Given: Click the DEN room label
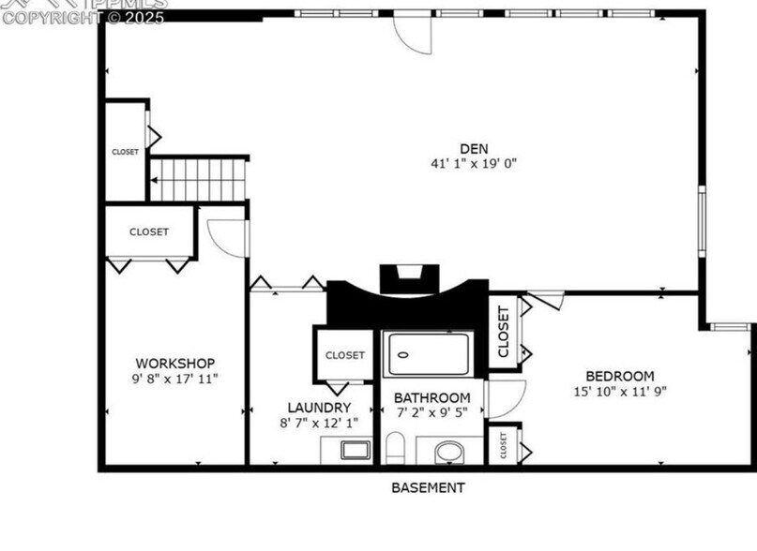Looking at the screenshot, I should coord(474,148).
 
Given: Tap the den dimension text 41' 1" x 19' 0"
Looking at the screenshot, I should coord(474,163).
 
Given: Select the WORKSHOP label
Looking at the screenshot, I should coord(175,363).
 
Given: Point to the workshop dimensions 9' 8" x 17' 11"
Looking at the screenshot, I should coord(175,378).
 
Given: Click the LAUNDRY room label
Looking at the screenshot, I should coord(319,408).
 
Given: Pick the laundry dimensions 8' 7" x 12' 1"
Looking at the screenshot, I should coord(319,423).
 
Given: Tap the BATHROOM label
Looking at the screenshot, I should coord(431,397).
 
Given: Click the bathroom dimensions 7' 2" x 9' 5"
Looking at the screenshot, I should coord(431,412).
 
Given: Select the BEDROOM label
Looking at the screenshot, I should coord(620,377).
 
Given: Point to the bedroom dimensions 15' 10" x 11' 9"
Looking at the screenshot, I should coord(620,392).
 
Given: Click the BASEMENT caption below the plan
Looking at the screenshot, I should coord(428,487).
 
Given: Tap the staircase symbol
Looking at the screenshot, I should coord(198,179).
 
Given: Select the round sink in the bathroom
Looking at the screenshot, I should coord(450,453).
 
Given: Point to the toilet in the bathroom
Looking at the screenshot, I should coord(396,449).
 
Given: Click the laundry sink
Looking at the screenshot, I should coord(356,450).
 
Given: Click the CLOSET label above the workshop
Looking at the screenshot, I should coord(149,231).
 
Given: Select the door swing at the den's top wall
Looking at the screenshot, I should coord(412,33).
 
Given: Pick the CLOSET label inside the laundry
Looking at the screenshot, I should coord(345,355).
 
